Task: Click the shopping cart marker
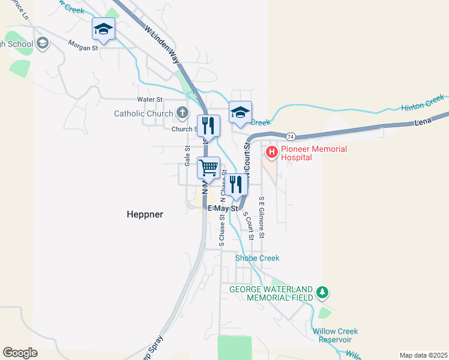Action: [209, 167]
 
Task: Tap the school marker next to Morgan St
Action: [103, 29]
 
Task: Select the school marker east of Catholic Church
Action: [240, 112]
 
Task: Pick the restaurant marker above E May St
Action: [237, 184]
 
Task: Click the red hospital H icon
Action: [272, 151]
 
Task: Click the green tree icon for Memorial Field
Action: [323, 293]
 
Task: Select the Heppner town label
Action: [144, 214]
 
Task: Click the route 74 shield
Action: [291, 136]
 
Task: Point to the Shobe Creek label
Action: [257, 258]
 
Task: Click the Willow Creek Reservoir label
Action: [335, 335]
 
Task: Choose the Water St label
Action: [149, 99]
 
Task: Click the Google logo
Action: [20, 353]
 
